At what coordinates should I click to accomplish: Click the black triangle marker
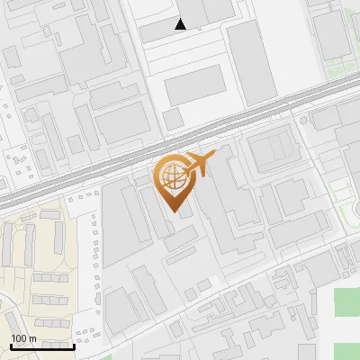181,24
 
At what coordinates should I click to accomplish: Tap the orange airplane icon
201,165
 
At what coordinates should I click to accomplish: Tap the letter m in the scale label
33,338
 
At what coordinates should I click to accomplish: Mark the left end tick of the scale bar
11,346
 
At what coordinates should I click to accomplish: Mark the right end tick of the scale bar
74,346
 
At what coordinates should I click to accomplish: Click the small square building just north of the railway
174,119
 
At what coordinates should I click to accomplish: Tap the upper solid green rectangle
347,302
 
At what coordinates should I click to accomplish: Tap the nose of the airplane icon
215,157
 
